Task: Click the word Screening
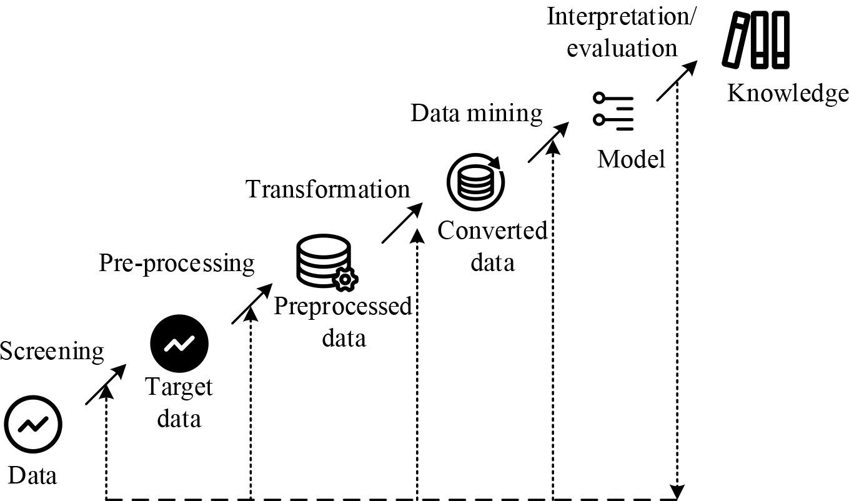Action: click(x=52, y=352)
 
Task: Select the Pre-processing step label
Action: click(x=177, y=263)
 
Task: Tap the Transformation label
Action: click(x=328, y=189)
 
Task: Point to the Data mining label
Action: click(x=476, y=114)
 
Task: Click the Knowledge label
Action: click(x=787, y=94)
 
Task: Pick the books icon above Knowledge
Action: click(x=756, y=40)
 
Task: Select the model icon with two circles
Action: click(x=613, y=111)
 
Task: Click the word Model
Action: click(x=631, y=159)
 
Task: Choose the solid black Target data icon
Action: click(x=179, y=344)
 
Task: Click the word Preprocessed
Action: click(x=343, y=307)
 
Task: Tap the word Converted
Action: click(x=492, y=231)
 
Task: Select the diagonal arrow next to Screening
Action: click(x=106, y=385)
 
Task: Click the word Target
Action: click(x=179, y=387)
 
